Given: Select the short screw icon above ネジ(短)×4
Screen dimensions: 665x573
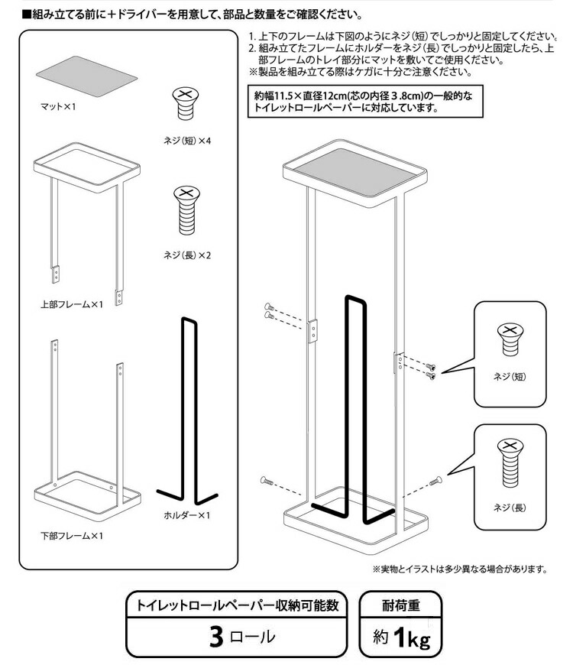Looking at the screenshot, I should click(184, 103).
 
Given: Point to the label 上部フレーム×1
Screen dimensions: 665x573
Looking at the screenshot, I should click(71, 305).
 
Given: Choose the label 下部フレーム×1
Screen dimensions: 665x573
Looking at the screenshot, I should click(71, 535).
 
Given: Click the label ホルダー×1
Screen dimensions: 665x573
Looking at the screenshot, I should click(186, 515).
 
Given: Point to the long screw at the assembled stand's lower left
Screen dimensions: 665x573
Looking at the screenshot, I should click(267, 479).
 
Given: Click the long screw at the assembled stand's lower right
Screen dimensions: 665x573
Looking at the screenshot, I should click(436, 480).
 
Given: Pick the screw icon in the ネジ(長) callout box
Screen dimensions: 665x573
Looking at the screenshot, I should click(509, 463).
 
